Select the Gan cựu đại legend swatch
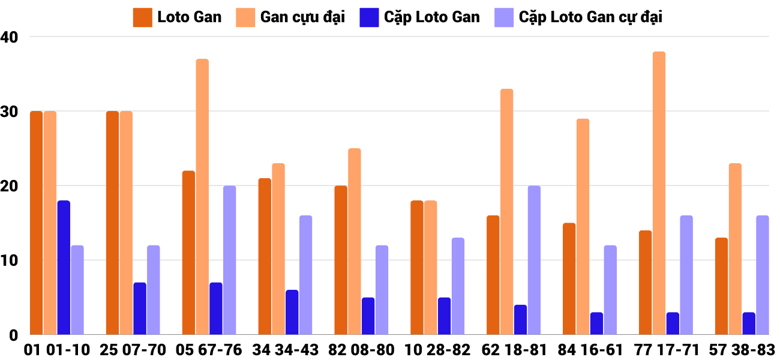(x=247, y=17)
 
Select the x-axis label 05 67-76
(x=209, y=350)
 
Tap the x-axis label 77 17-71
(x=666, y=350)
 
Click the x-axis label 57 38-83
(x=742, y=350)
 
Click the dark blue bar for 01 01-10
(x=64, y=268)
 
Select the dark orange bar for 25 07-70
(x=113, y=223)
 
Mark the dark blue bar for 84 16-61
(x=596, y=323)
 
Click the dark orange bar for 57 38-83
(x=721, y=286)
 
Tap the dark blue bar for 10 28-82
(x=444, y=316)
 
